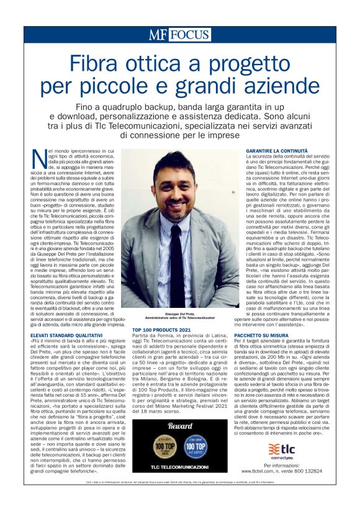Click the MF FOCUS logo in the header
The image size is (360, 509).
click(179, 35)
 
